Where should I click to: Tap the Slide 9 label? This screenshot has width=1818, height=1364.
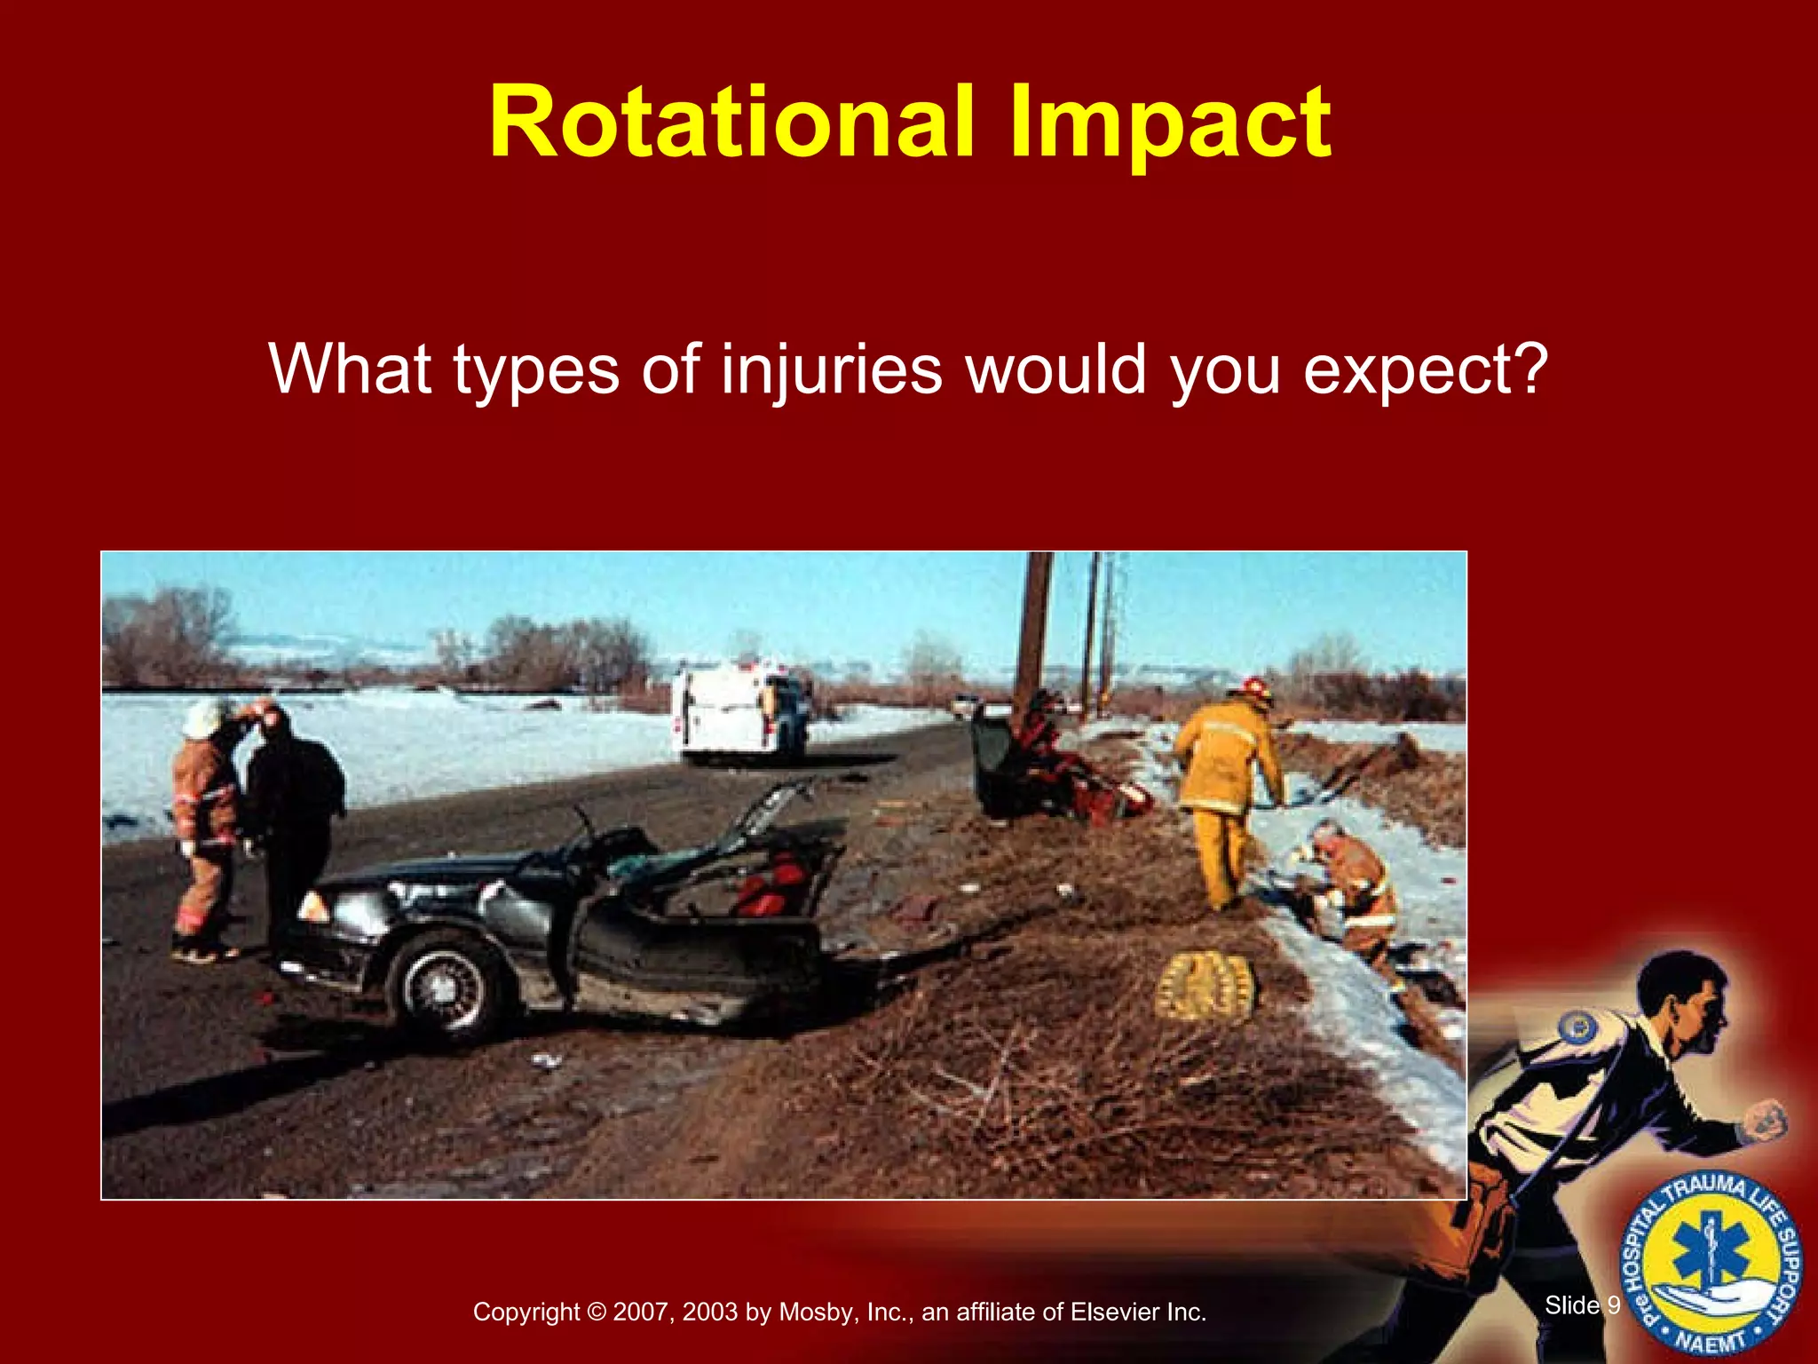coord(1582,1305)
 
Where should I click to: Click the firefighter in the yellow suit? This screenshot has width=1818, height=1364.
coord(1228,781)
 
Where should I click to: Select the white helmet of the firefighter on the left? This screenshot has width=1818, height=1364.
coord(203,718)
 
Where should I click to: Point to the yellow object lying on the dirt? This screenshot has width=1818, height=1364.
coord(1205,984)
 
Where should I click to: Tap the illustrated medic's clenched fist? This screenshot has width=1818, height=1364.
coord(1767,1122)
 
